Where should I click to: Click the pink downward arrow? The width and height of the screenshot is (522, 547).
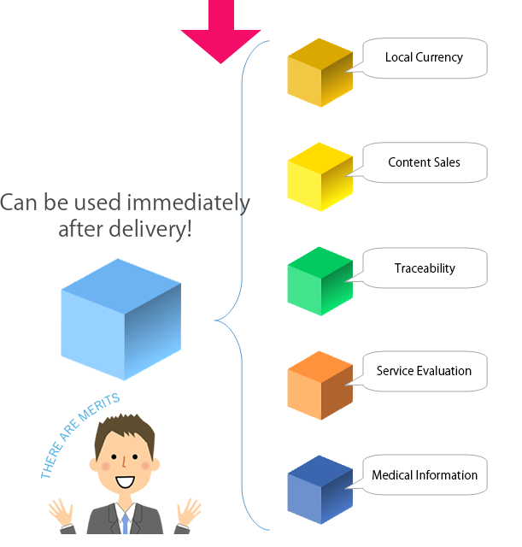(x=220, y=34)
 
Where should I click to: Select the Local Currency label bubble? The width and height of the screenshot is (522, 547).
(x=425, y=58)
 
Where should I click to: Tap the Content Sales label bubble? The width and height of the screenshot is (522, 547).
(x=425, y=162)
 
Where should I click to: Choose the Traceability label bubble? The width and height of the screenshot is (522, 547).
(x=425, y=268)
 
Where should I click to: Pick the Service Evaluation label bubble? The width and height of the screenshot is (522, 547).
(x=425, y=371)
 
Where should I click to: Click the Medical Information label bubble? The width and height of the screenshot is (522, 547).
(x=425, y=475)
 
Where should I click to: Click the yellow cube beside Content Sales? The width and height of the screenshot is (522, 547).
(x=320, y=177)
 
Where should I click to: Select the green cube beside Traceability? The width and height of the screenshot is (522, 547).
(x=320, y=281)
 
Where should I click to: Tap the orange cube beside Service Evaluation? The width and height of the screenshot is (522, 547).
(x=320, y=385)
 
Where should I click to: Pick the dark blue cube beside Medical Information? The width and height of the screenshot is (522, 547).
(x=320, y=490)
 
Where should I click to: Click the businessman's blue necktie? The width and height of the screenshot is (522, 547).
(x=126, y=522)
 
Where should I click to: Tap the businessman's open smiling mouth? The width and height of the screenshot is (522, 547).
(x=125, y=482)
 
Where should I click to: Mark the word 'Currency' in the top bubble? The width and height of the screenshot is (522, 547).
(x=440, y=58)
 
